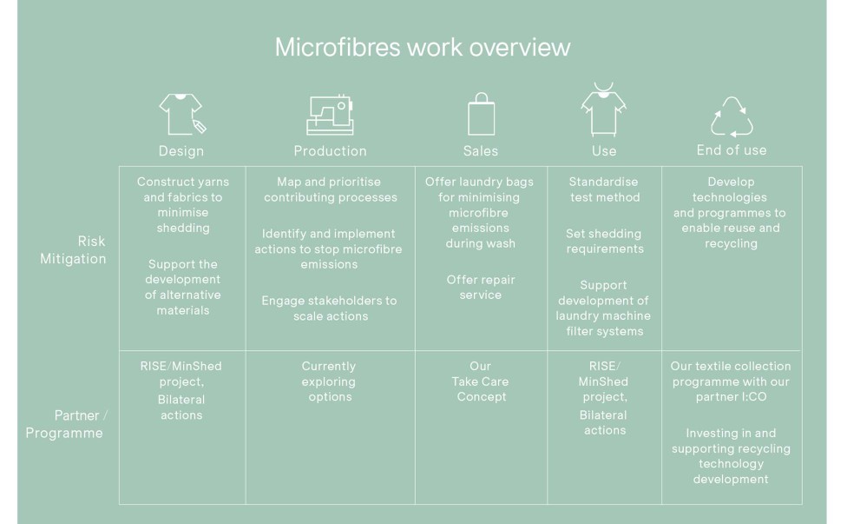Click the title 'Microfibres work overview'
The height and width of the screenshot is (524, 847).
point(423,47)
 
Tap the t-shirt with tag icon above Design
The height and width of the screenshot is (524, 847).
point(182,114)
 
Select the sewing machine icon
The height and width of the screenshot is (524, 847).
point(330,115)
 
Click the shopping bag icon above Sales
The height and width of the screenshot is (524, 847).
point(481,114)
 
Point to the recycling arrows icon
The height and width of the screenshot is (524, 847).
point(732,116)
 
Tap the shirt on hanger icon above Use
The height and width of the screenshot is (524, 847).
point(603,109)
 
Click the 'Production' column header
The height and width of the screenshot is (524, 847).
point(330,151)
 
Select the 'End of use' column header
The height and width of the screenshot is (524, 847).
point(732,149)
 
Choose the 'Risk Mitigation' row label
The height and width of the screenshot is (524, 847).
point(73,249)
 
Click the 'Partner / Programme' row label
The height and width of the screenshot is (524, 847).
point(67,424)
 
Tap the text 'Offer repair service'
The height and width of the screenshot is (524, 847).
point(480,287)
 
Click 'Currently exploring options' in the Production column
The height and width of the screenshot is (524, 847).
point(329,381)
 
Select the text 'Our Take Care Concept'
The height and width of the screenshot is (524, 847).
point(480,381)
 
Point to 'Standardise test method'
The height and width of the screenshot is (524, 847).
point(604,189)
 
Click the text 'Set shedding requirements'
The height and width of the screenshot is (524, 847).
point(605,242)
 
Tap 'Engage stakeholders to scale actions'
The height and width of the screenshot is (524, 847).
point(329,308)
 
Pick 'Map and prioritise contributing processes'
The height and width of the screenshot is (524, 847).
point(330,189)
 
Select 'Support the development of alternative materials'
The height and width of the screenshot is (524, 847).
point(182,287)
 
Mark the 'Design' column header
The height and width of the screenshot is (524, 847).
point(181,151)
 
